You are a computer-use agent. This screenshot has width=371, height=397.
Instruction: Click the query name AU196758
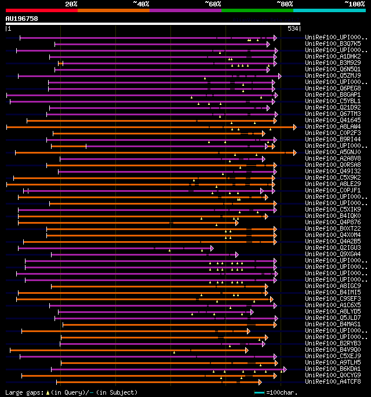21,19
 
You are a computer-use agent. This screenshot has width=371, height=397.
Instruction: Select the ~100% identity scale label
354,4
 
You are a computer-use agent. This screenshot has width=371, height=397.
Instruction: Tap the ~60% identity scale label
213,4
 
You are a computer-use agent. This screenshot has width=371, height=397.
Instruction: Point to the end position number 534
293,28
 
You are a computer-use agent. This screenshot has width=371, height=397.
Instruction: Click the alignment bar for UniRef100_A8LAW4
151,127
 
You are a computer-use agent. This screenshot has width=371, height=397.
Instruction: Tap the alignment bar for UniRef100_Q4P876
128,223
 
